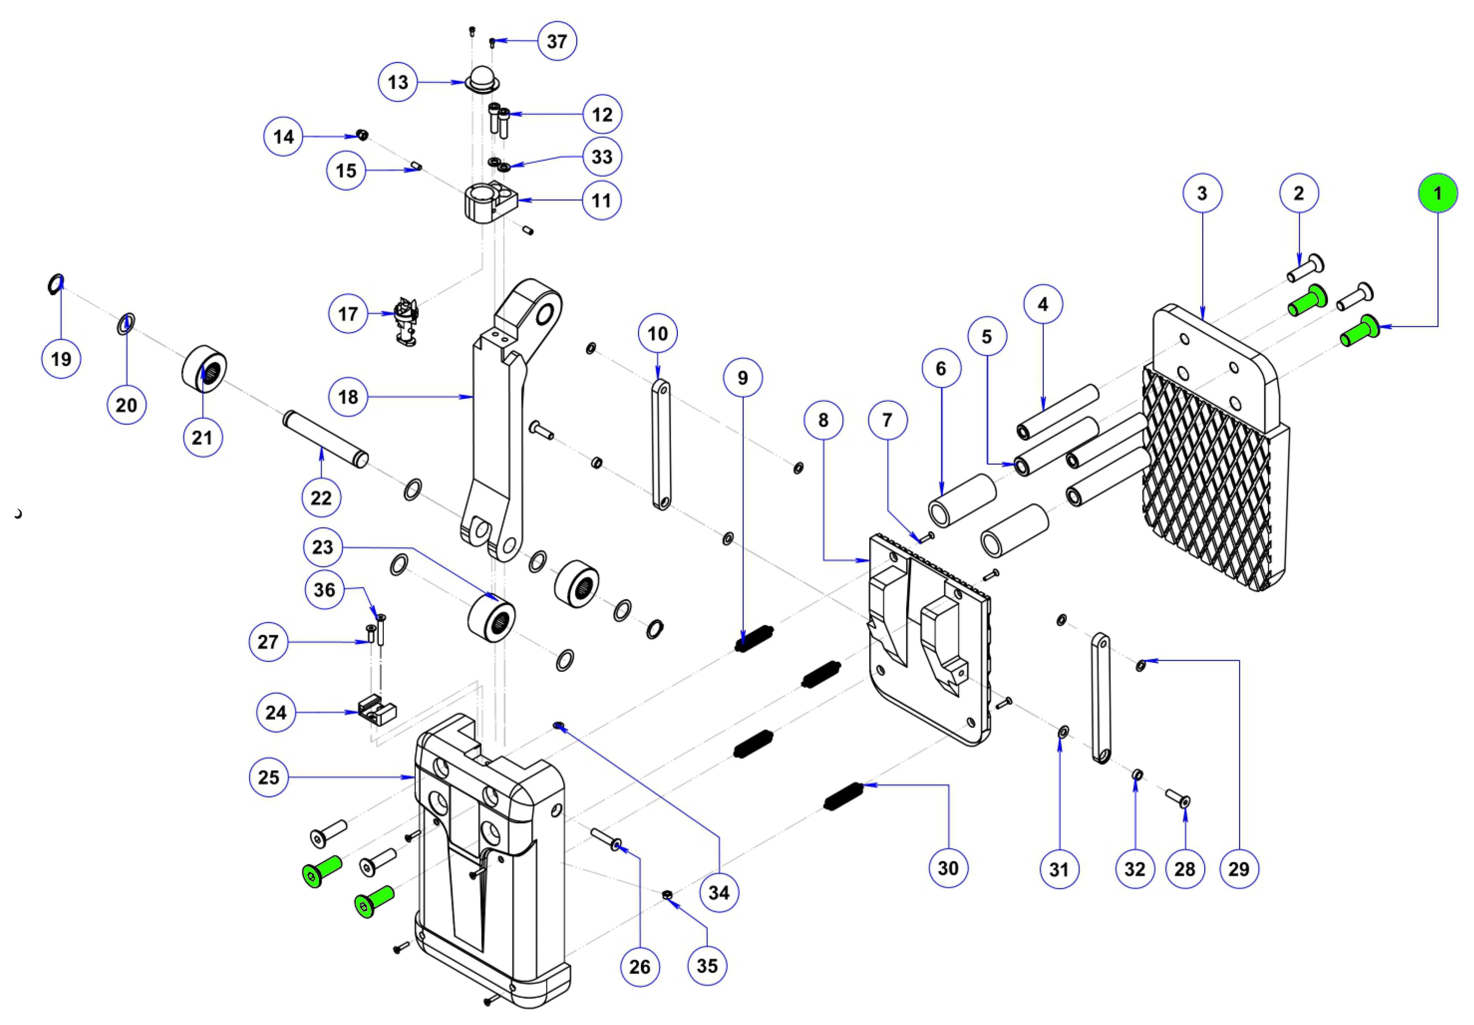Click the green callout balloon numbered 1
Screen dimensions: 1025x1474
[x=1438, y=193]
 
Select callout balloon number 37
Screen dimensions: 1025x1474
[x=557, y=41]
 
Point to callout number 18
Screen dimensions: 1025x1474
[x=348, y=397]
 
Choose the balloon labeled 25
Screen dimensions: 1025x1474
[x=268, y=777]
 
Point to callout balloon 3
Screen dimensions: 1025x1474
[x=1202, y=193]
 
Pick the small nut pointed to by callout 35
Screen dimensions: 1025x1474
[x=668, y=894]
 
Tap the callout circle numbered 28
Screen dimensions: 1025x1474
[x=1185, y=869]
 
